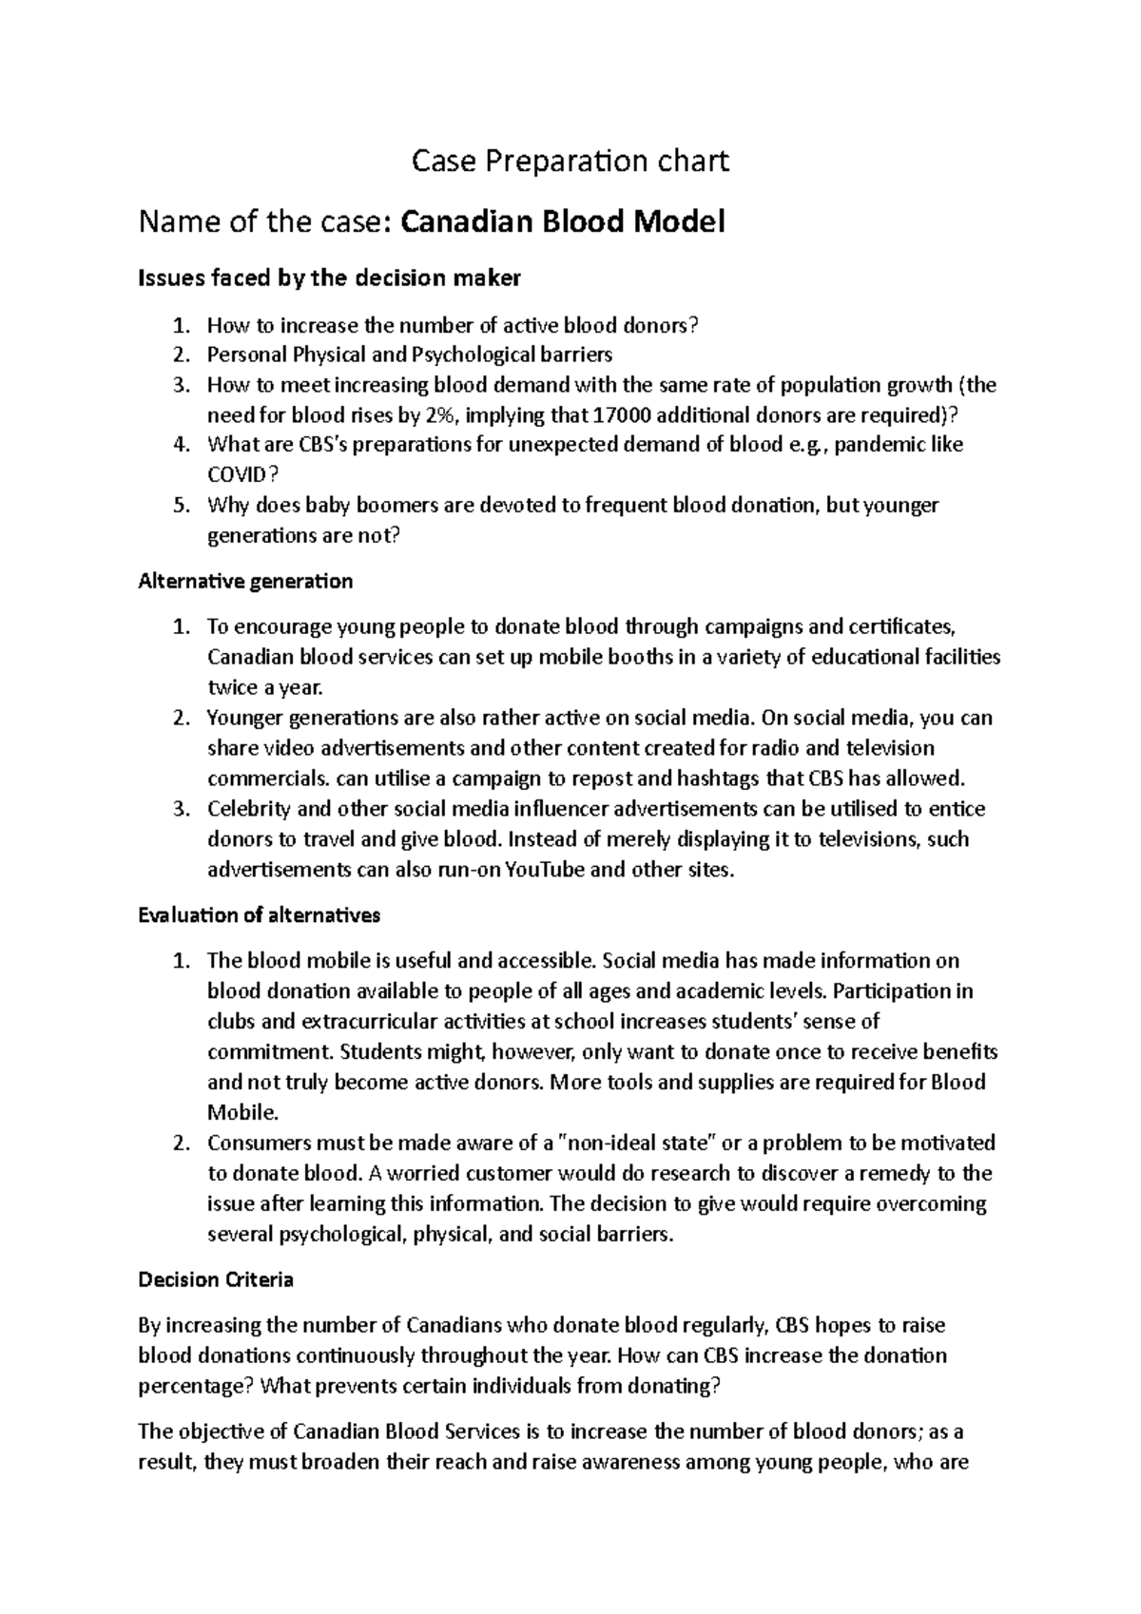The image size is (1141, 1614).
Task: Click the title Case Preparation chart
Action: (570, 162)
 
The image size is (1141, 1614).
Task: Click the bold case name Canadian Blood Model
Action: (563, 222)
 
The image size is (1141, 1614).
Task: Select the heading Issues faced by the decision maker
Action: (329, 279)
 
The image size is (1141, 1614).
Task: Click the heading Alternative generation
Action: (245, 581)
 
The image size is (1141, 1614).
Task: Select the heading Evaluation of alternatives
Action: (259, 915)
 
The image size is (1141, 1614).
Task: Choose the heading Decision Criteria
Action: (216, 1279)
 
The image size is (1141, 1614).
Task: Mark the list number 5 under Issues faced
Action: (181, 506)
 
